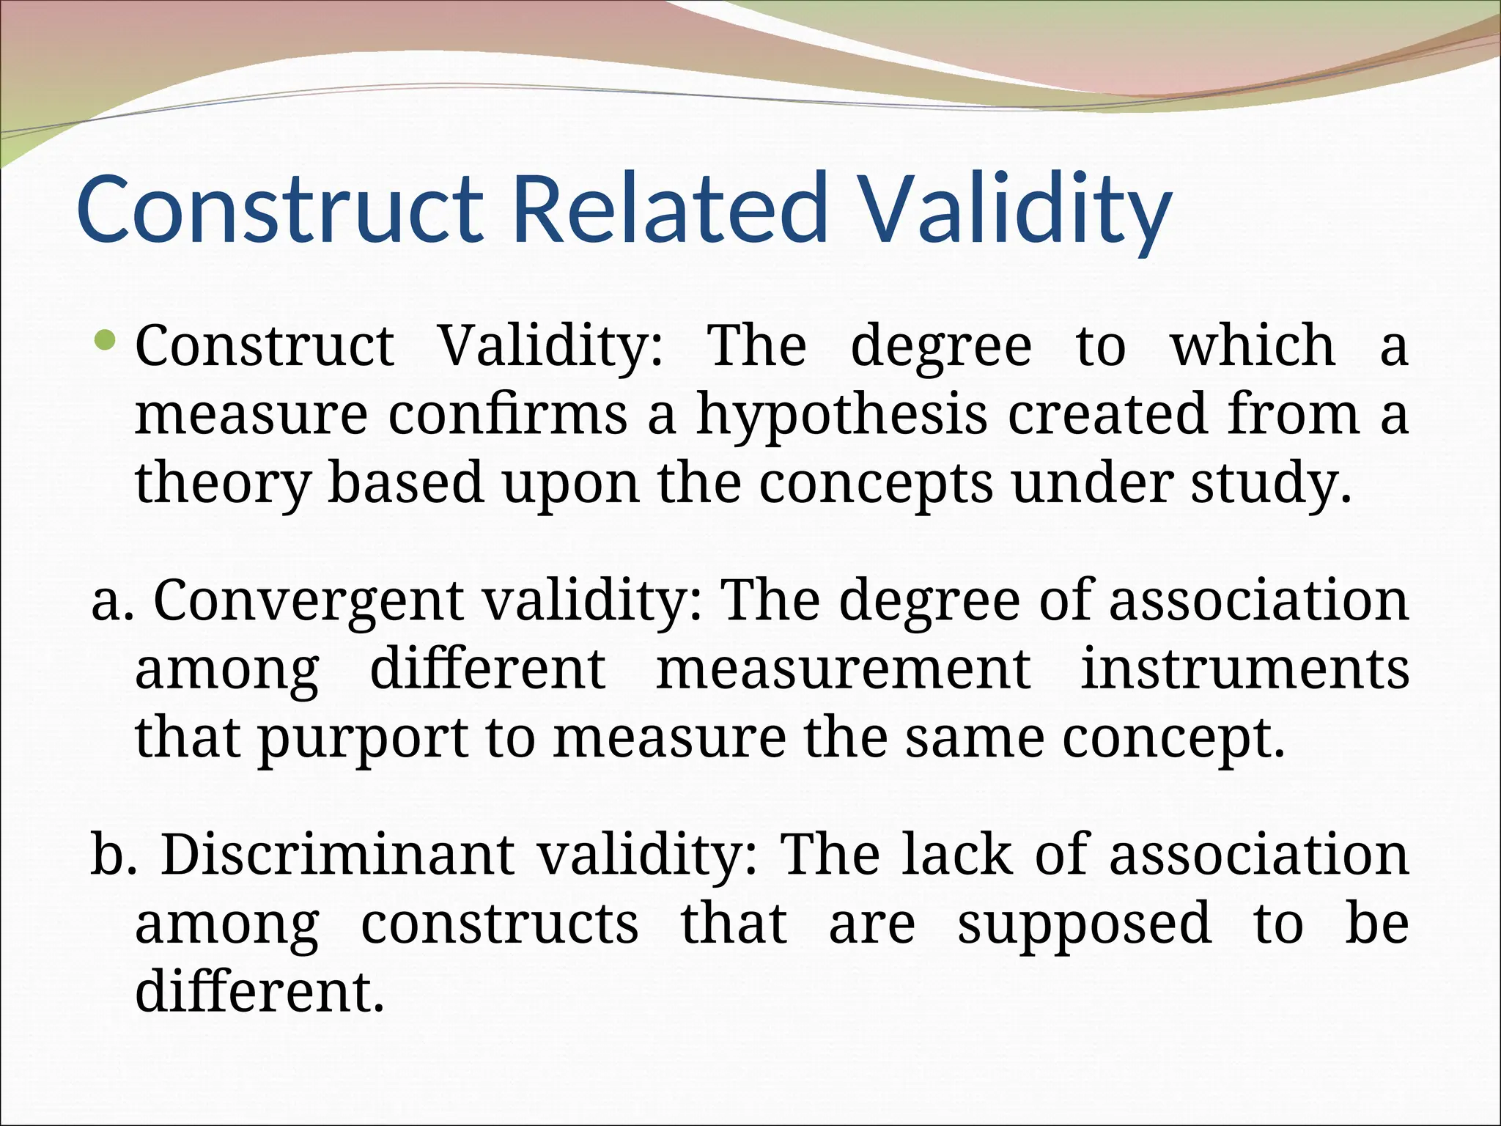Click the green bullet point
[x=107, y=339]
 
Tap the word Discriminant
[x=337, y=855]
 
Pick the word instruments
[x=1244, y=669]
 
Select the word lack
[x=956, y=855]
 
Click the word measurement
[x=843, y=669]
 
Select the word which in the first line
[x=1252, y=345]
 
